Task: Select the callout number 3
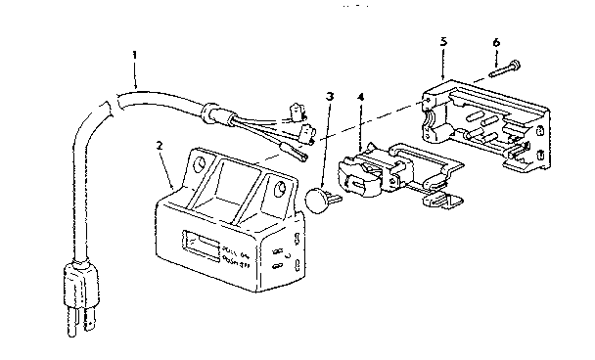pos(331,97)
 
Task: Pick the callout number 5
pos(444,42)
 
